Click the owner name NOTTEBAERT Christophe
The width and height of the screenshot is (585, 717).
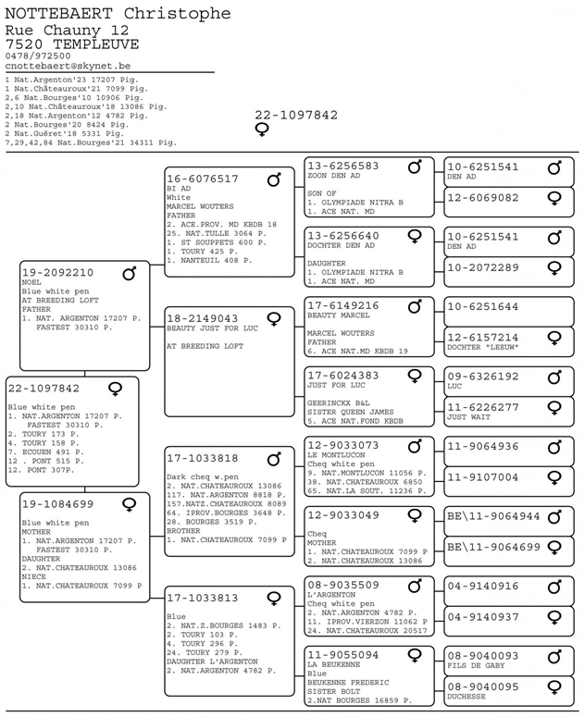pyautogui.click(x=118, y=13)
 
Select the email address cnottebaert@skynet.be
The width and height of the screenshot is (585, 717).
pyautogui.click(x=68, y=67)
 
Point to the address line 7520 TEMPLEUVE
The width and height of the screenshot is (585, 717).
pyautogui.click(x=71, y=43)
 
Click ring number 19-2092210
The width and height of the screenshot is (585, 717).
pyautogui.click(x=57, y=273)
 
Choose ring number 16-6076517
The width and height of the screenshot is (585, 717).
pyautogui.click(x=203, y=179)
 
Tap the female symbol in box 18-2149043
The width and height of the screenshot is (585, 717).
pyautogui.click(x=274, y=318)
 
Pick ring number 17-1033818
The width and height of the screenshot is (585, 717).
pyautogui.click(x=203, y=458)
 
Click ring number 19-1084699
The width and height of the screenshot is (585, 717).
pyautogui.click(x=57, y=504)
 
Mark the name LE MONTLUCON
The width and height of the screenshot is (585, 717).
pyautogui.click(x=334, y=455)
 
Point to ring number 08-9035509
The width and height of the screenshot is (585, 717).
pyautogui.click(x=343, y=585)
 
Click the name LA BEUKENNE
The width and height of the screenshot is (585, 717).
pyautogui.click(x=333, y=665)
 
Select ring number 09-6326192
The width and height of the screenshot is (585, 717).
pyautogui.click(x=482, y=377)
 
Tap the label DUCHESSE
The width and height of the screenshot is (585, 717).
pyautogui.click(x=467, y=697)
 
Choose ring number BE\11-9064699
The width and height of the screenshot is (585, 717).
pyautogui.click(x=493, y=548)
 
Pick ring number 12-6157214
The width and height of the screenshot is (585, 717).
pyautogui.click(x=482, y=338)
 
